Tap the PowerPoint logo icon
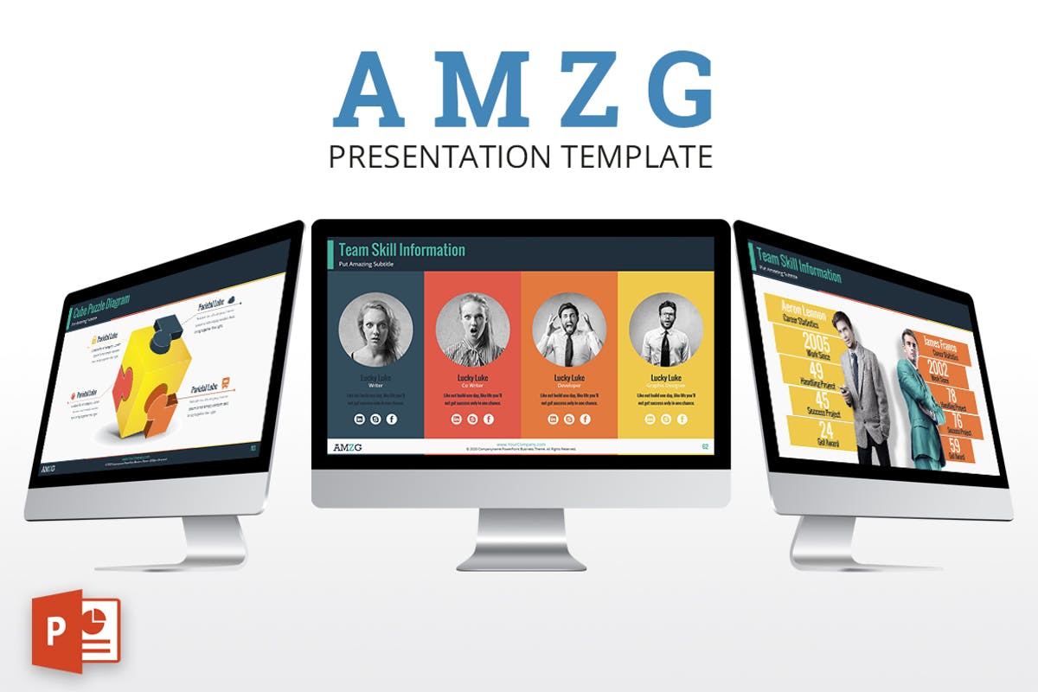pyautogui.click(x=75, y=629)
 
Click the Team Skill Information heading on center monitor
pyautogui.click(x=401, y=250)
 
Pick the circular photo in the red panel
pyautogui.click(x=472, y=330)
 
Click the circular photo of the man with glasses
pyautogui.click(x=665, y=330)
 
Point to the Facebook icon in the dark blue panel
pyautogui.click(x=392, y=419)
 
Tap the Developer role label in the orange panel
pyautogui.click(x=568, y=386)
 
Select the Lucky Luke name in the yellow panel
pyautogui.click(x=665, y=378)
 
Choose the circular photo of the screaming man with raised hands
pyautogui.click(x=568, y=330)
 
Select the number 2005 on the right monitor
pyautogui.click(x=815, y=340)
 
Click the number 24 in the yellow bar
pyautogui.click(x=826, y=429)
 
